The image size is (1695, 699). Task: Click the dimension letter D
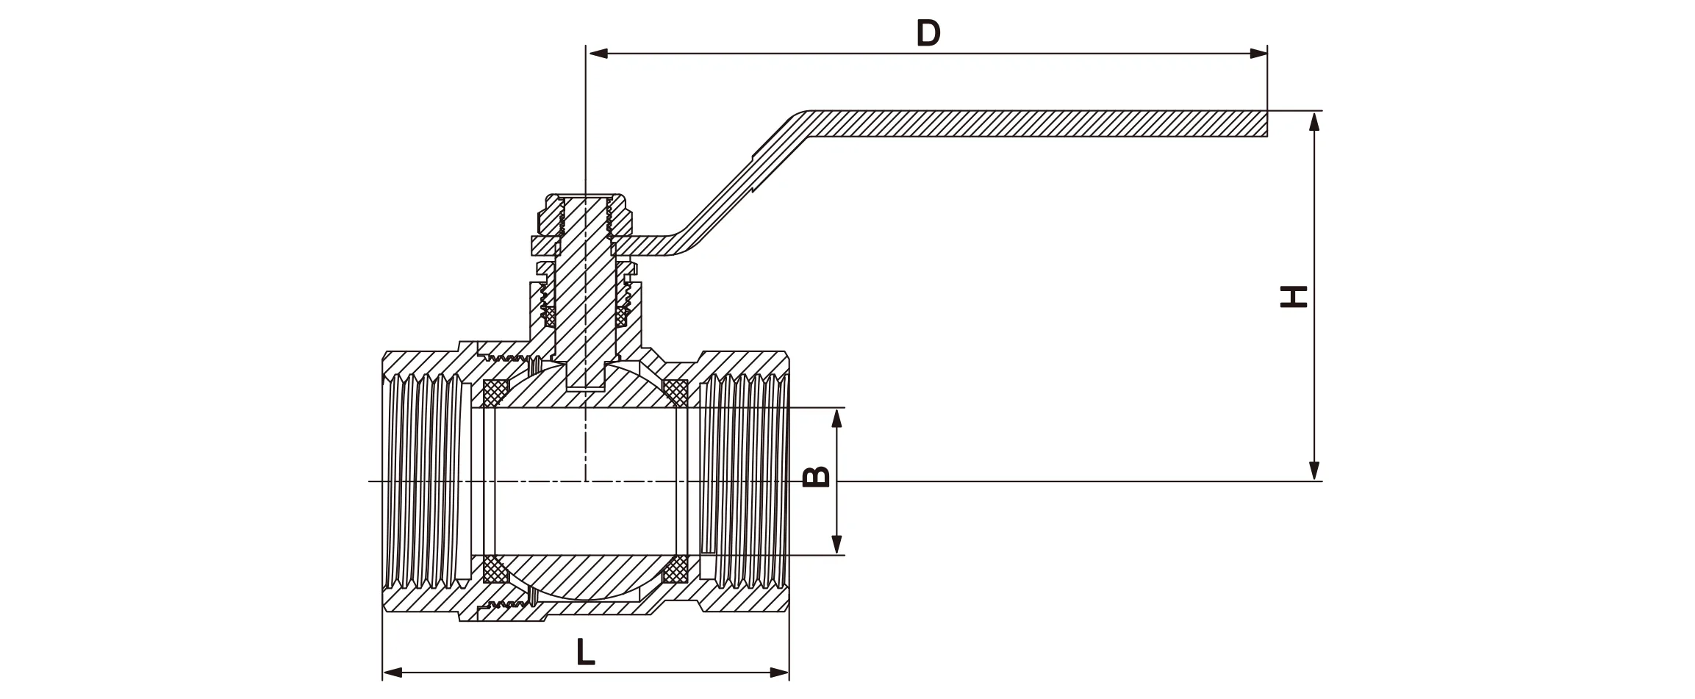coord(928,34)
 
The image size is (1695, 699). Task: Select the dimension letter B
coord(817,477)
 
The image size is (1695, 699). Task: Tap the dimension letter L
coord(585,653)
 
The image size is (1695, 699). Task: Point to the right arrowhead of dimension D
coord(1258,54)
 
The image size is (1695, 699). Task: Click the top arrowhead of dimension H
coord(1315,122)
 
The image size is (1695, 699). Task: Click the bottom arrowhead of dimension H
coord(1315,470)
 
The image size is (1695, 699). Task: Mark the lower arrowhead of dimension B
coord(836,544)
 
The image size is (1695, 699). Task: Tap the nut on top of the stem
coord(584,213)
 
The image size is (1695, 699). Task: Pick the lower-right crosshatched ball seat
coord(674,570)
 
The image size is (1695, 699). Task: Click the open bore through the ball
coord(585,481)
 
